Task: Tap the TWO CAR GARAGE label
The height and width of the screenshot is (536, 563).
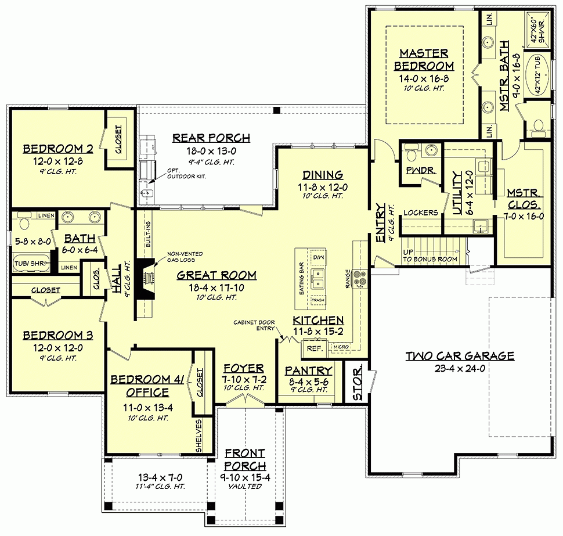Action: [x=460, y=355]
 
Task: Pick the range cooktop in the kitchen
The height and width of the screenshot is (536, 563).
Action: [x=360, y=278]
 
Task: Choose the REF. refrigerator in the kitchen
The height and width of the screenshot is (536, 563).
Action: [x=315, y=348]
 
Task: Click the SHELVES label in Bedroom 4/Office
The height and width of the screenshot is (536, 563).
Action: [x=199, y=436]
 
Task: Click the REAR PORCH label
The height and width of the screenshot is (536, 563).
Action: [x=211, y=138]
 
